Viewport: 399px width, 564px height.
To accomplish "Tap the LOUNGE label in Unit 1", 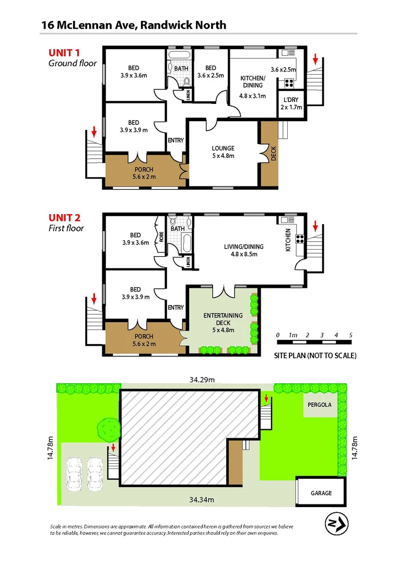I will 222,148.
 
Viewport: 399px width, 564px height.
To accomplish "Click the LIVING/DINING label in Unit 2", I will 244,247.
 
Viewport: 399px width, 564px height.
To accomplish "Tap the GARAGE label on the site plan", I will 321,493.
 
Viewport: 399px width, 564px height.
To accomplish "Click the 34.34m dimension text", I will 201,500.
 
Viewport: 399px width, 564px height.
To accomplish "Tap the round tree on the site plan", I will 109,429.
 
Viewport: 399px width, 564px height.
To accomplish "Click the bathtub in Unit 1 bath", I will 181,55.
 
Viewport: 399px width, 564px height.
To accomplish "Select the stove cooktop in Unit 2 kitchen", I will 300,240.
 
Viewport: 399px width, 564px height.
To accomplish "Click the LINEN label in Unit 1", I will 189,95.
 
